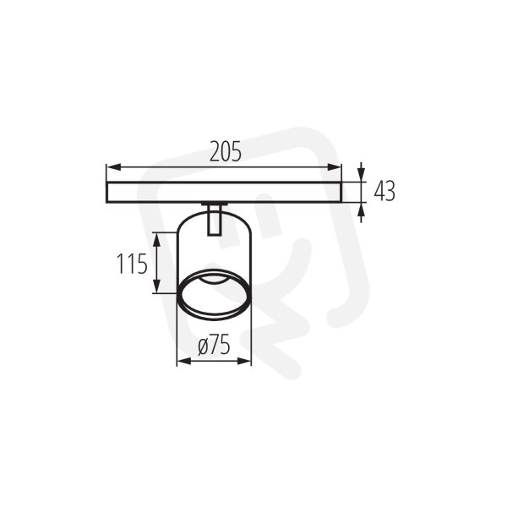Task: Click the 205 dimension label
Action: click(226, 151)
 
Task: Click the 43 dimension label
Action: click(384, 191)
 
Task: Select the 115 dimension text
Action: click(132, 264)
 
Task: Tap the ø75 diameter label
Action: click(214, 345)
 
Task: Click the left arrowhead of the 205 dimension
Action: click(113, 167)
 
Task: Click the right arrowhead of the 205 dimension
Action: click(335, 167)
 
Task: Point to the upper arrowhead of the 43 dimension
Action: click(362, 175)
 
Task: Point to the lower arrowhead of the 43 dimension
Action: click(362, 210)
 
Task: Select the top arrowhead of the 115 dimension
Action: click(156, 240)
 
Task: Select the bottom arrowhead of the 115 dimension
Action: click(156, 286)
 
